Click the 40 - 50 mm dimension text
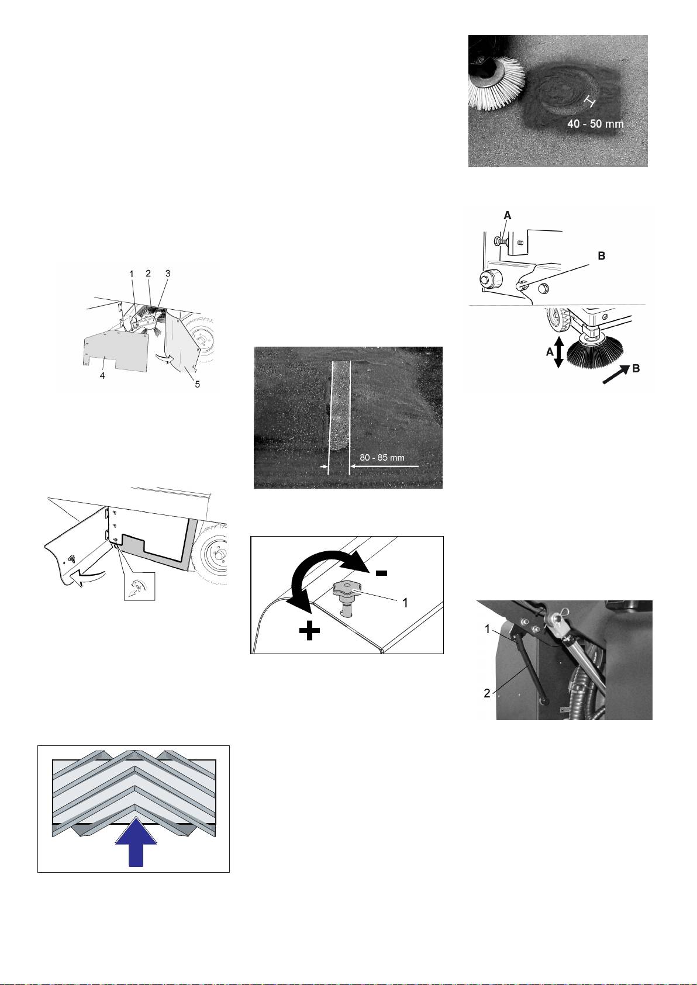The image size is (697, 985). pos(595,123)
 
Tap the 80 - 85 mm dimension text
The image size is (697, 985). pos(382,458)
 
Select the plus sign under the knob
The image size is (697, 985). pos(309,633)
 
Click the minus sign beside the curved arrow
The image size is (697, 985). pos(381,573)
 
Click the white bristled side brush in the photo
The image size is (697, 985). pos(497,84)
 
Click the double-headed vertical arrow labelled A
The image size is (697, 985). pos(558,352)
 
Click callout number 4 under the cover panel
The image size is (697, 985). pos(102,376)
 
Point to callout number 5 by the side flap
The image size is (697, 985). pos(198,384)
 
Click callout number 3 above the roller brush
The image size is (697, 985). pos(168,274)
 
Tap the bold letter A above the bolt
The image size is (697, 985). pos(508,216)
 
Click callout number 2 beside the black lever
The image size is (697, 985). pos(487,693)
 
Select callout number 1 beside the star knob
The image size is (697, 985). pos(405,603)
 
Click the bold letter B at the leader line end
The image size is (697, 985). pos(602,255)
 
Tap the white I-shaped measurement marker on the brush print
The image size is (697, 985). pos(590,102)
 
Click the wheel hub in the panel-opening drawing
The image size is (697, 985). pos(220,553)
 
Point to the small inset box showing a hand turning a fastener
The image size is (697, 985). pos(139,586)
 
